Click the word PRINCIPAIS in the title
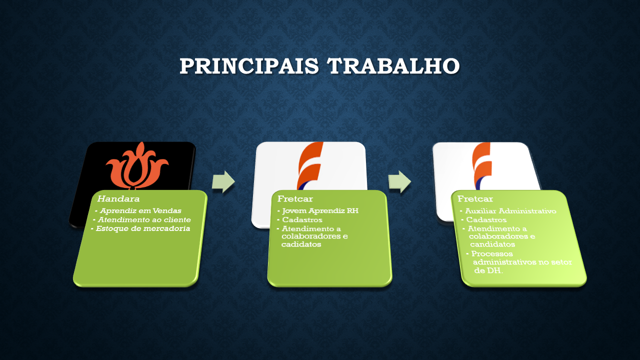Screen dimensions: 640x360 coord(249,66)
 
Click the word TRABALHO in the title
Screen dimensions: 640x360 coord(393,66)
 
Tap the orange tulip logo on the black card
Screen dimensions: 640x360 coord(137,165)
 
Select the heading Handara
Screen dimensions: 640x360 coord(118,198)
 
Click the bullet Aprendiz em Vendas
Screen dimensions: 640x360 coord(140,211)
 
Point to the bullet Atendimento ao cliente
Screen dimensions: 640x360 coord(144,219)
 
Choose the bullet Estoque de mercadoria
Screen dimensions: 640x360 coord(142,228)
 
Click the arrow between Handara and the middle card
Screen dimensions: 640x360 coord(223,181)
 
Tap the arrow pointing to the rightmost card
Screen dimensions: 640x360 coord(399,181)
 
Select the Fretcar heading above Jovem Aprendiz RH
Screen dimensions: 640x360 coord(295,198)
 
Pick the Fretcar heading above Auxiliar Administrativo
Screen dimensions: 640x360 coord(475,198)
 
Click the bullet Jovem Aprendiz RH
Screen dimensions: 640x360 coord(320,211)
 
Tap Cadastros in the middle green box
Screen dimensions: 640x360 coord(302,219)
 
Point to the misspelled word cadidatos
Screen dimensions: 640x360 coord(301,244)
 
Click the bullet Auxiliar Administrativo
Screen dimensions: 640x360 coord(510,211)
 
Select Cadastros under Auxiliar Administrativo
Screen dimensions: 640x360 coord(486,219)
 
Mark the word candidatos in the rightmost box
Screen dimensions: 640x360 coord(492,244)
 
